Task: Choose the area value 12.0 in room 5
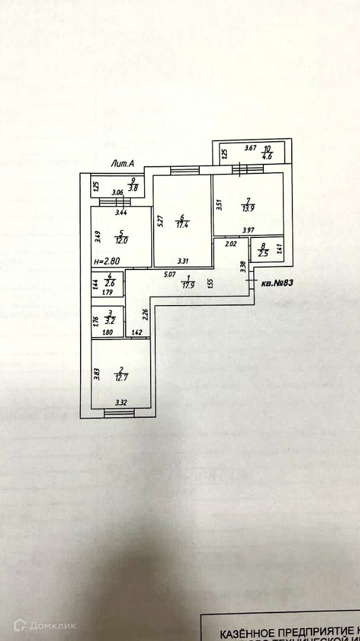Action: point(121,240)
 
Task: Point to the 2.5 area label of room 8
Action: point(263,253)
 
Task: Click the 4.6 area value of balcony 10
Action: point(267,157)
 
